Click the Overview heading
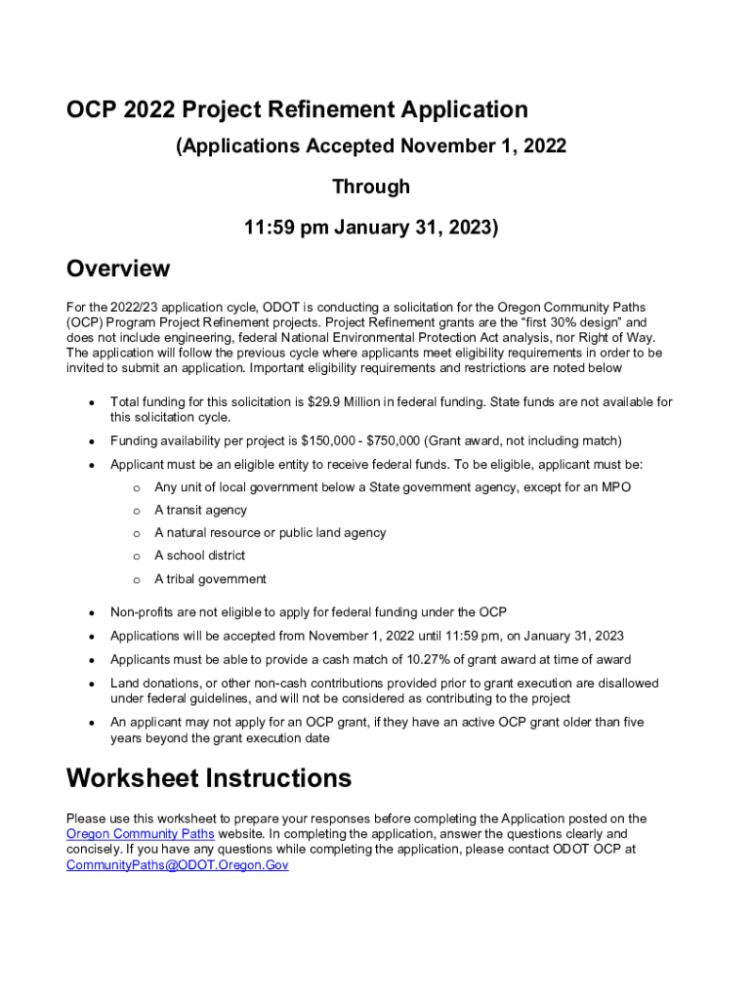tap(118, 269)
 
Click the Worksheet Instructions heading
tap(208, 778)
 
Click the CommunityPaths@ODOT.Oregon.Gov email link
tap(177, 865)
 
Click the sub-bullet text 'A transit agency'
tap(200, 510)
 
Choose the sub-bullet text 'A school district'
tap(199, 556)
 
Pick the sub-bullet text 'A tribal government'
tap(210, 579)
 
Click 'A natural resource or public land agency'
tap(270, 533)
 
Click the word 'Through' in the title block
tap(371, 187)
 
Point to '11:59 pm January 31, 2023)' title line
tap(371, 228)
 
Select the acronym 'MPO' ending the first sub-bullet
tap(615, 486)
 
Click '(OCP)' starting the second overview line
tap(85, 322)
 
